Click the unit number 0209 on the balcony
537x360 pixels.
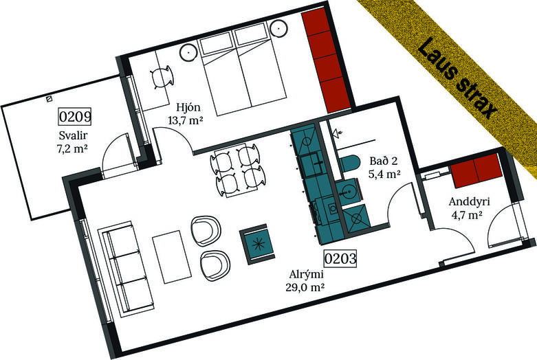(75, 116)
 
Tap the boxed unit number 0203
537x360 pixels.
(340, 258)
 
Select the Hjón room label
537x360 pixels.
(188, 108)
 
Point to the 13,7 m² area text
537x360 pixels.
(186, 120)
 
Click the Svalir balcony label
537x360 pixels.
(73, 135)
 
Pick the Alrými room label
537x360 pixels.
(307, 274)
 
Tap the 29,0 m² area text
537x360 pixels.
(305, 287)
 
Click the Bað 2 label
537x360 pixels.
(384, 161)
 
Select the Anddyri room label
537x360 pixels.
(469, 201)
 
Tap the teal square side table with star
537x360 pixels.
(258, 244)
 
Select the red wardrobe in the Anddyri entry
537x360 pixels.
(476, 171)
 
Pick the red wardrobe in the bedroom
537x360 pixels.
(326, 60)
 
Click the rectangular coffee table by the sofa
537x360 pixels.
(173, 257)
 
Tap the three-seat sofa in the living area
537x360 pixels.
(125, 267)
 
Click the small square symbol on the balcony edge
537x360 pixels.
(50, 99)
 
